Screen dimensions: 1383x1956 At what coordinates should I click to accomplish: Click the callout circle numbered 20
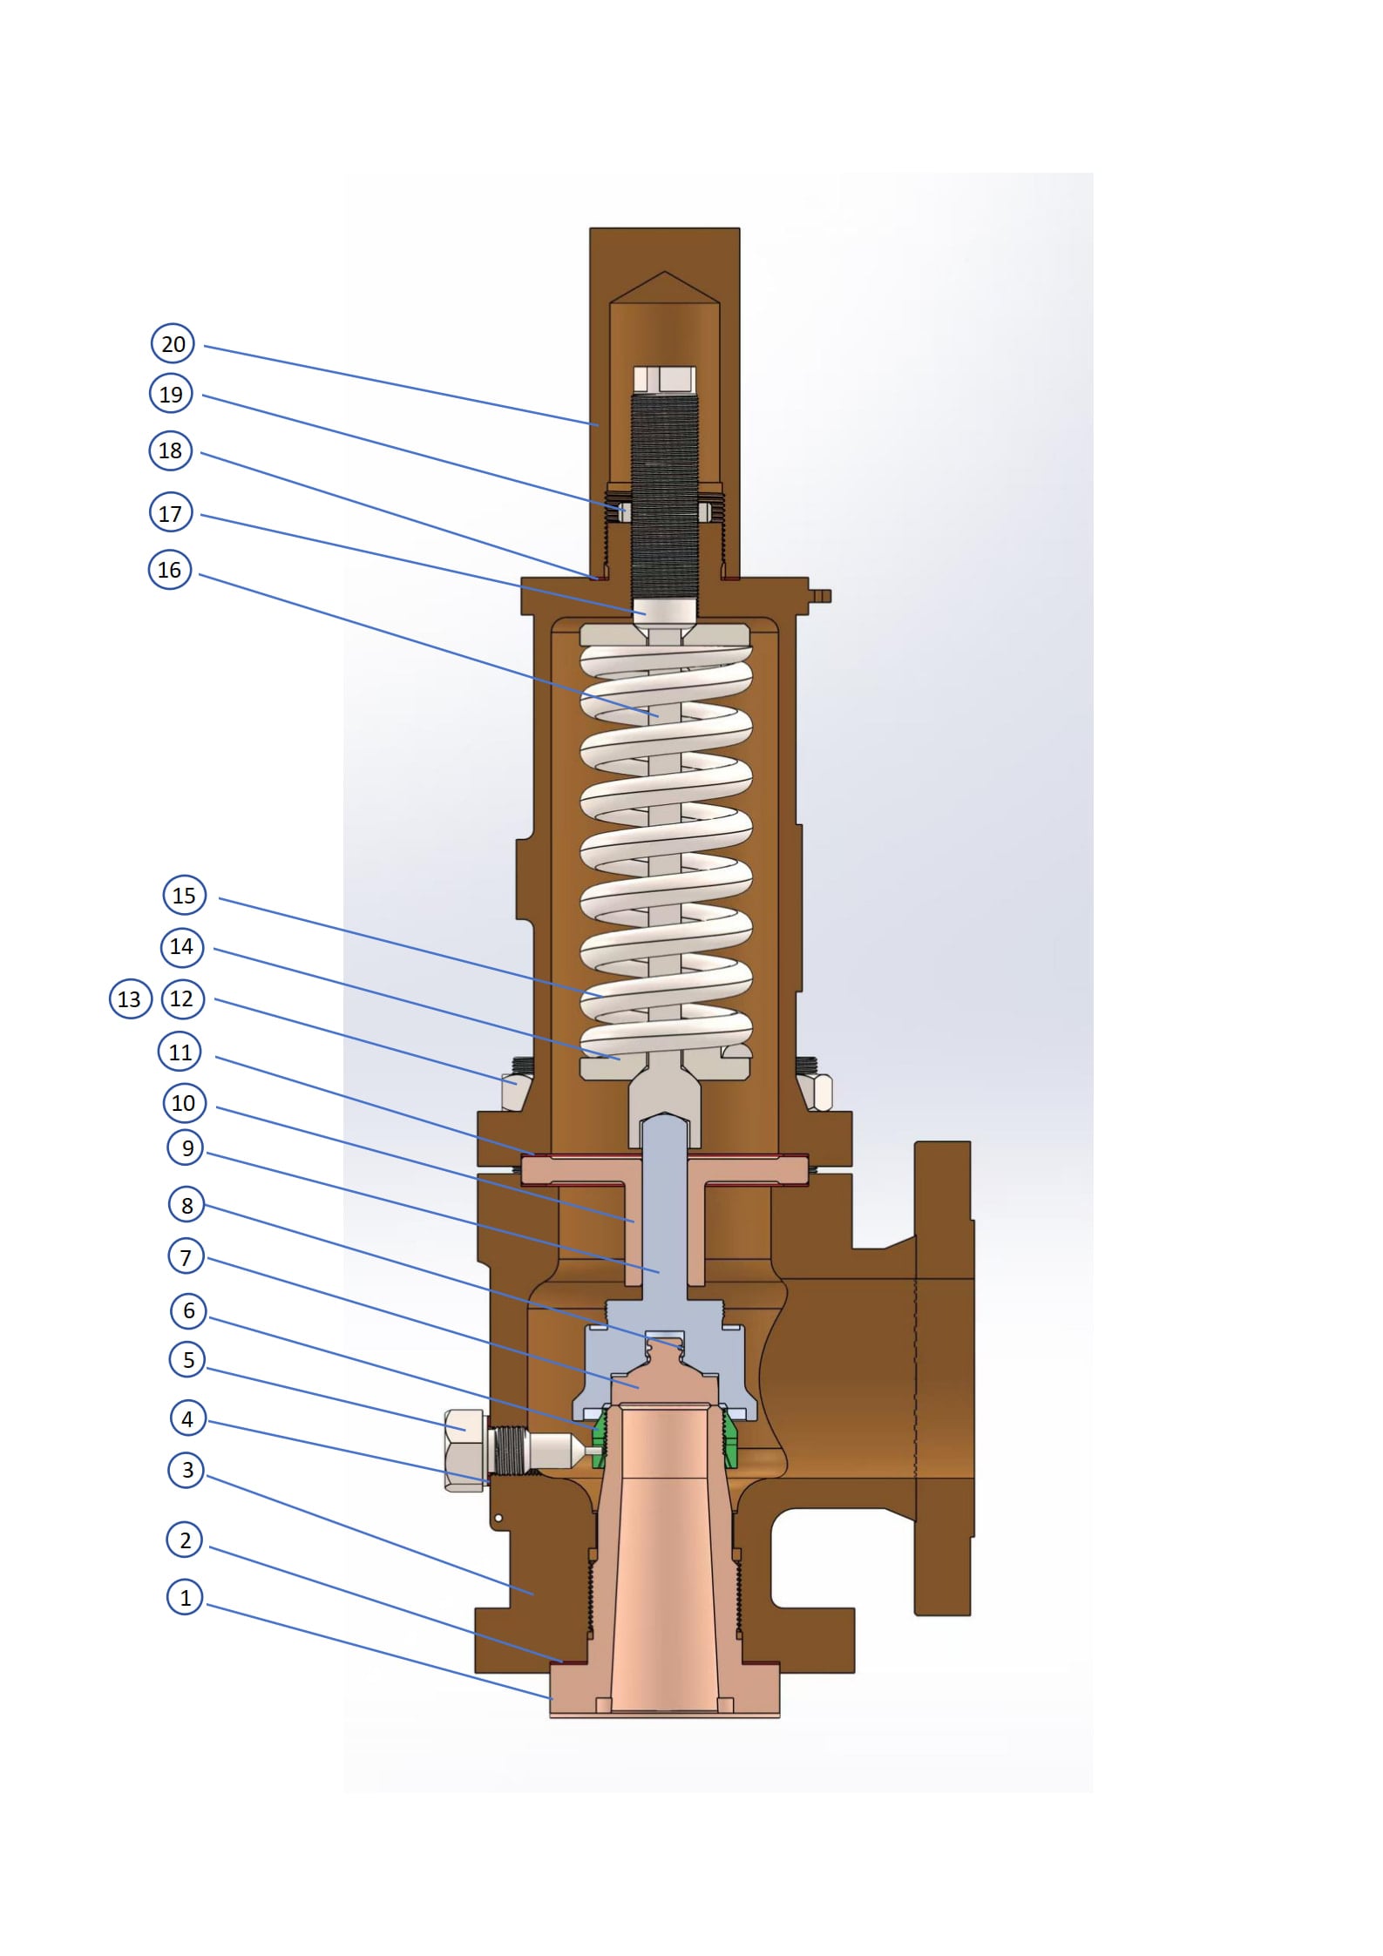[173, 344]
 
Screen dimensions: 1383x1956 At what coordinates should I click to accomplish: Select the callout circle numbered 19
[171, 395]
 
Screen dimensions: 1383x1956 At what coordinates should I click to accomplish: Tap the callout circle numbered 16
[169, 570]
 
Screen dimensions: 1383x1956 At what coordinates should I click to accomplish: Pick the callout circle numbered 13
[129, 998]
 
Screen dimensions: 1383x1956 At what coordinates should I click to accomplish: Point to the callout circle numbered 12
[182, 998]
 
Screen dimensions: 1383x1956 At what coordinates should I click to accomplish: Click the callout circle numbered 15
[184, 896]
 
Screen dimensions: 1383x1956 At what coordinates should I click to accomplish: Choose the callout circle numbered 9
[187, 1148]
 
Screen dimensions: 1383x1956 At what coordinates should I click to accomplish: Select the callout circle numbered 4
[187, 1419]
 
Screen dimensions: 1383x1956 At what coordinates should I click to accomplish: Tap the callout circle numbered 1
[185, 1598]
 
